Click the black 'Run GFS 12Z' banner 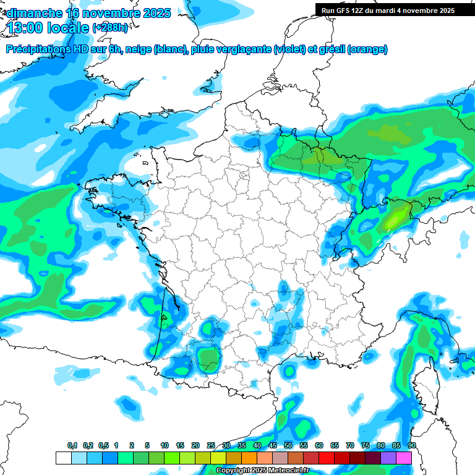pyautogui.click(x=387, y=10)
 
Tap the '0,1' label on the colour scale pyautogui.click(x=72, y=446)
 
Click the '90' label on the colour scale pyautogui.click(x=412, y=446)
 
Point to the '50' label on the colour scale pyautogui.click(x=288, y=446)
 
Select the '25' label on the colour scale pyautogui.click(x=211, y=446)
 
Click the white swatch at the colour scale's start pyautogui.click(x=63, y=458)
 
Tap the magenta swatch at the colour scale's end pyautogui.click(x=404, y=458)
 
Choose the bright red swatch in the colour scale pyautogui.click(x=327, y=458)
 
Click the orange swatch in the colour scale pyautogui.click(x=249, y=458)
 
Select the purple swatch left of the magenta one pyautogui.click(x=389, y=458)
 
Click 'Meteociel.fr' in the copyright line pyautogui.click(x=284, y=471)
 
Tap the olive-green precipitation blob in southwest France pyautogui.click(x=209, y=356)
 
